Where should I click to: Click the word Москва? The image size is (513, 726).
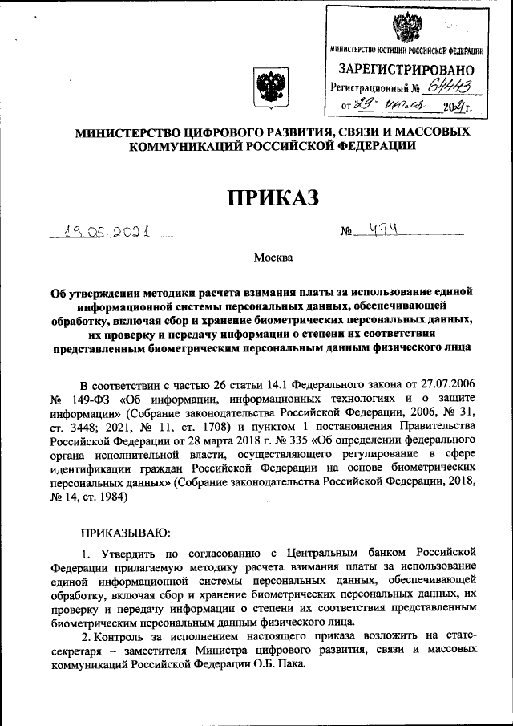[x=273, y=258]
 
